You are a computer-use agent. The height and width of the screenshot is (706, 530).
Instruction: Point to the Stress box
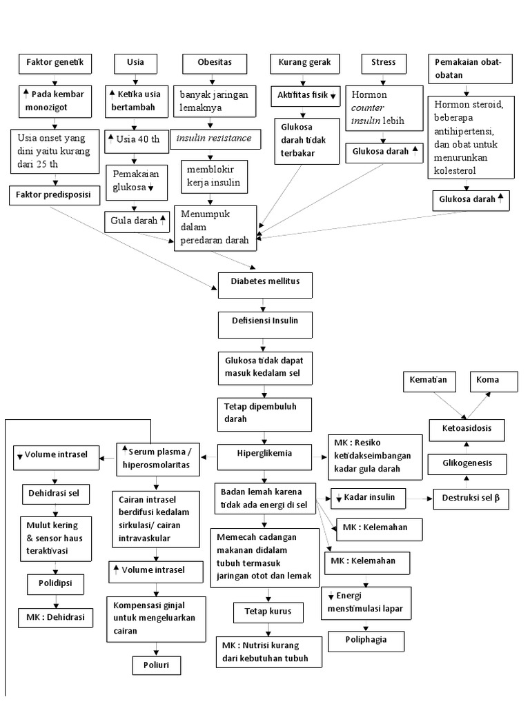384,63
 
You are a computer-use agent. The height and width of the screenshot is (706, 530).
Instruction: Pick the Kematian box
429,381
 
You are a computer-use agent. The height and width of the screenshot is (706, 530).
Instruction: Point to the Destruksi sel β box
471,498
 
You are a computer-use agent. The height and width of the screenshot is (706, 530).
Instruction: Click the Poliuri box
157,665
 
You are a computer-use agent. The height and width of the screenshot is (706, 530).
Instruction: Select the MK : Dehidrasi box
55,618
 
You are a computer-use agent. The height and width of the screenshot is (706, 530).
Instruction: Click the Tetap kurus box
263,612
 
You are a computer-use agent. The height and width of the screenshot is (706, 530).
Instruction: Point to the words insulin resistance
214,139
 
